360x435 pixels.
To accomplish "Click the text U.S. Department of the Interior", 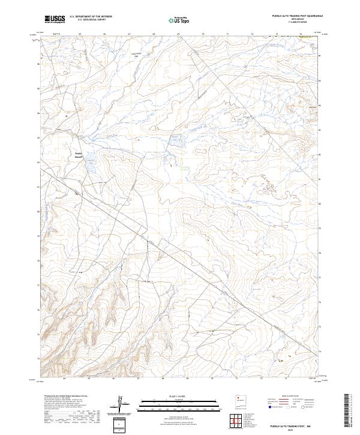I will [91, 16].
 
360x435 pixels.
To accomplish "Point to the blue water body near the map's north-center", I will [173, 139].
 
